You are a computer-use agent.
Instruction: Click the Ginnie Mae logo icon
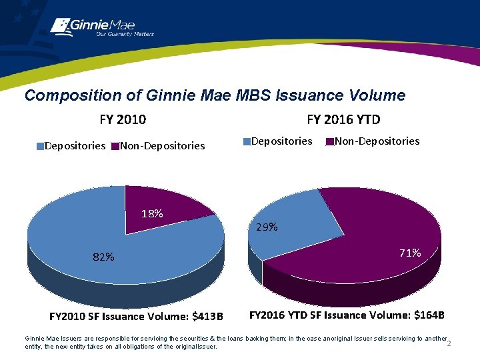click(60, 25)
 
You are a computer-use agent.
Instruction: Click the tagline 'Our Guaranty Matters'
click(125, 34)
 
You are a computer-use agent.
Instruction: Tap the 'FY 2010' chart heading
click(123, 120)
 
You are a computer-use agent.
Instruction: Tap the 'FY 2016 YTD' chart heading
click(343, 120)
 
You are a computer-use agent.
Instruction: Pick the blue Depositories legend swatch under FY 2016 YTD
click(247, 141)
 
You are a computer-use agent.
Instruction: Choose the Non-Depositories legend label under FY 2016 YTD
click(377, 141)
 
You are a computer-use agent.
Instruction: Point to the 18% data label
click(152, 214)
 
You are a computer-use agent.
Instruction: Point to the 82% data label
click(104, 257)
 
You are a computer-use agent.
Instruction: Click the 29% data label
click(267, 227)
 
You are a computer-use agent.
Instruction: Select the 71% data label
click(410, 253)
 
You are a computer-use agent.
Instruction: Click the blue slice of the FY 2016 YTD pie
click(293, 220)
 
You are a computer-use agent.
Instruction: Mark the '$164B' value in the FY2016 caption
click(429, 315)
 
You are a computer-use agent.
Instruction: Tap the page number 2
click(449, 343)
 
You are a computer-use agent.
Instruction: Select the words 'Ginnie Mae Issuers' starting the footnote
click(49, 339)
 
